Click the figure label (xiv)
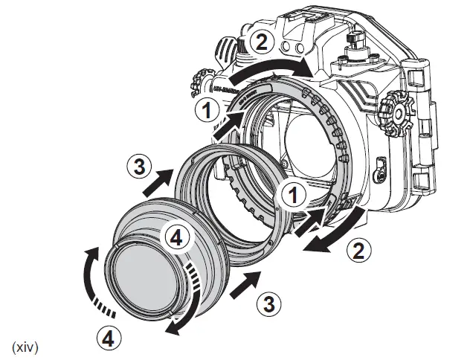[25, 347]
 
